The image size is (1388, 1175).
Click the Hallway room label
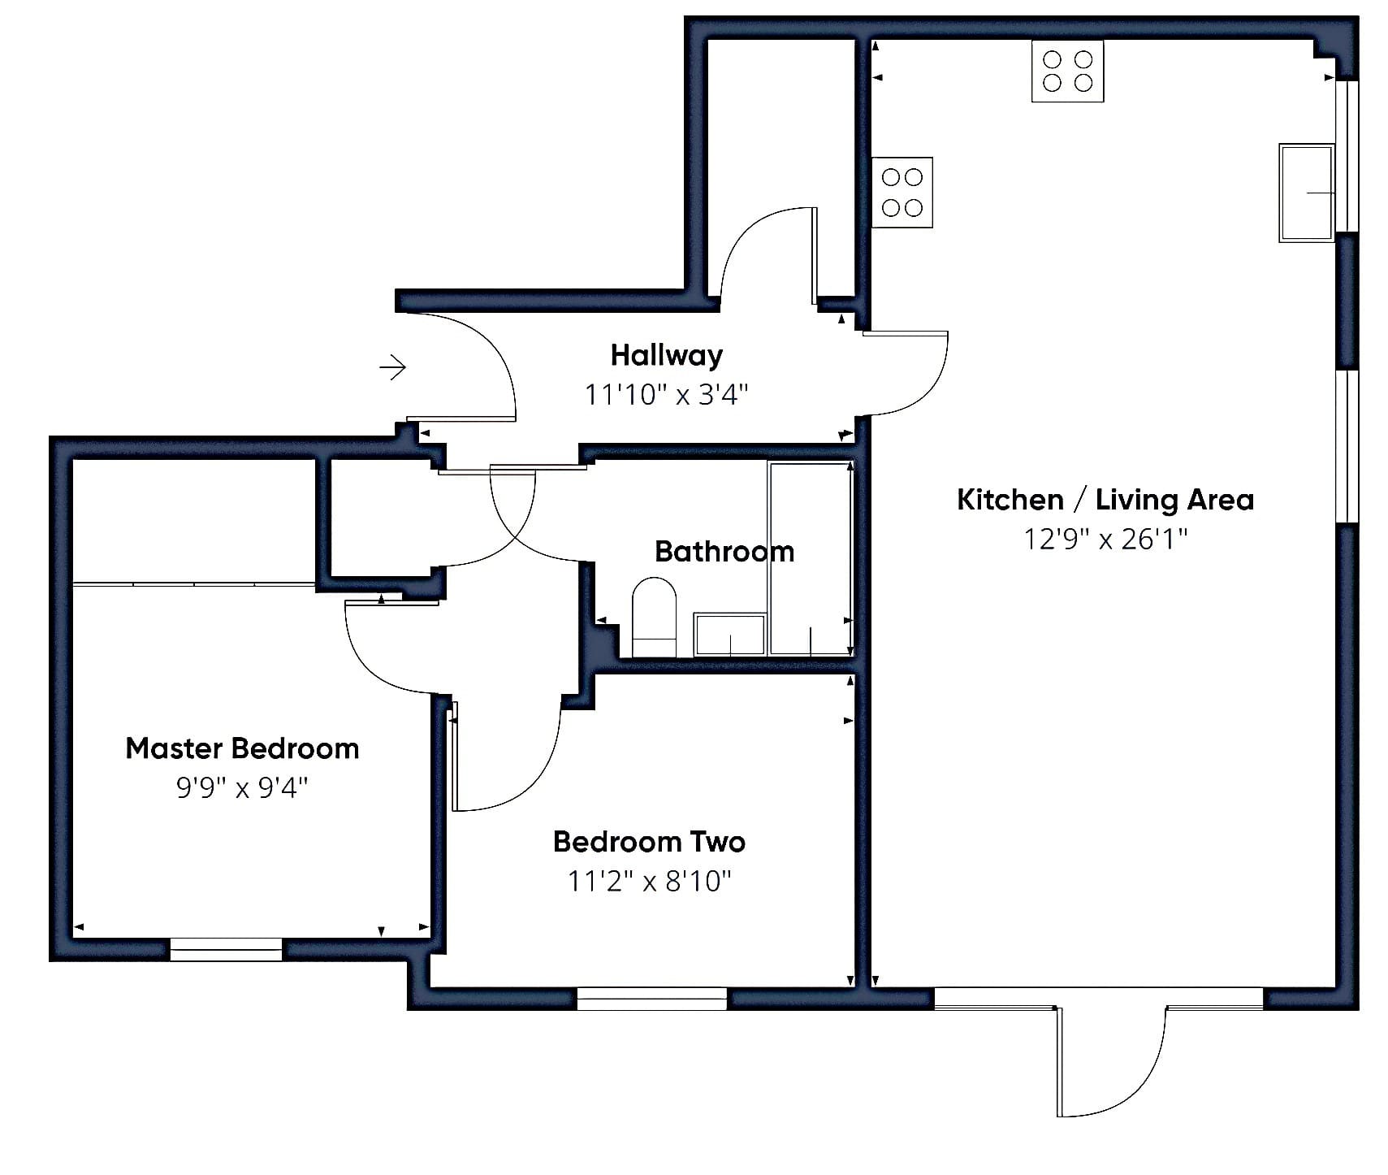click(x=666, y=356)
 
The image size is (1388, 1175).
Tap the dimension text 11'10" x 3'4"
click(x=666, y=395)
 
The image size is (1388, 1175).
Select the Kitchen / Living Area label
click(x=1105, y=500)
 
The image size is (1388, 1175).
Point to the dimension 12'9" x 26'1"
click(x=1105, y=539)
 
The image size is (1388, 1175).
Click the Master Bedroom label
click(x=242, y=748)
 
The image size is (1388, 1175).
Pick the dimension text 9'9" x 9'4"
click(x=242, y=787)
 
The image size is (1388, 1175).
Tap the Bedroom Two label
click(x=649, y=842)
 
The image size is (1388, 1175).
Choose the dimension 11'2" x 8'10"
click(x=649, y=881)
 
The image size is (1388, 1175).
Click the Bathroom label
click(x=724, y=552)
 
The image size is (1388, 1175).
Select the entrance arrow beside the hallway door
click(x=393, y=367)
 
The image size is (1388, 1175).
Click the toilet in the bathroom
click(x=654, y=617)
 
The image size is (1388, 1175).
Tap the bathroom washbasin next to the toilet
click(x=729, y=635)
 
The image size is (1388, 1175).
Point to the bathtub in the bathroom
click(x=810, y=558)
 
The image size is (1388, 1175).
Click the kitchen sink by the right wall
click(x=1306, y=193)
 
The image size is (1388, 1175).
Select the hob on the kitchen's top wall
click(x=1067, y=72)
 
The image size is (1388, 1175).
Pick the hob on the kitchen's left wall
click(x=902, y=193)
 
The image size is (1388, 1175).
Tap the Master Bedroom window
click(x=226, y=949)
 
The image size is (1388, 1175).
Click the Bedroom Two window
click(x=651, y=999)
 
